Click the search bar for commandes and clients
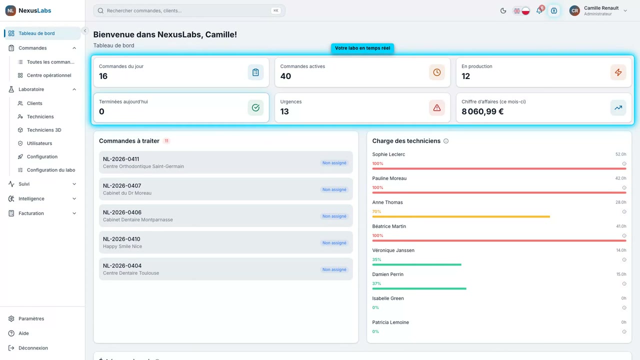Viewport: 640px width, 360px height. pos(189,10)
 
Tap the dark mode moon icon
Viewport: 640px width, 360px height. pos(503,10)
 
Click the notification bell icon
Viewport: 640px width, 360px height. pos(539,10)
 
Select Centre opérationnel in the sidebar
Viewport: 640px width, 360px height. pos(49,75)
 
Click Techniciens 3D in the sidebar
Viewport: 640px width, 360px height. pos(44,129)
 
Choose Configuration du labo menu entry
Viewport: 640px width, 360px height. pos(51,169)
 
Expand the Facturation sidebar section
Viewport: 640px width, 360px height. pos(42,213)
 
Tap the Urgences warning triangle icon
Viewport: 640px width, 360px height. pos(436,107)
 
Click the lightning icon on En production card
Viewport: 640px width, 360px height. pos(618,72)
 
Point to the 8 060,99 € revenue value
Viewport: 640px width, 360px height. pos(482,111)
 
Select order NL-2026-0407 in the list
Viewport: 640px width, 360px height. pos(225,189)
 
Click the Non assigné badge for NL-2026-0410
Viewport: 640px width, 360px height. pos(334,243)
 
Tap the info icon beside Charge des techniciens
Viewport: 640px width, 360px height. pos(445,141)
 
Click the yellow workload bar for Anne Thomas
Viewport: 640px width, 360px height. pos(461,216)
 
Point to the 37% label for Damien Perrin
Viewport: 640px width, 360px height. pos(376,283)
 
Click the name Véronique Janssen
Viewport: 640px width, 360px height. pos(393,250)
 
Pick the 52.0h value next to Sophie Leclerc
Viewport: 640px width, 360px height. pos(620,154)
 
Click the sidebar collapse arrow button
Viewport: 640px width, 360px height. pos(85,31)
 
